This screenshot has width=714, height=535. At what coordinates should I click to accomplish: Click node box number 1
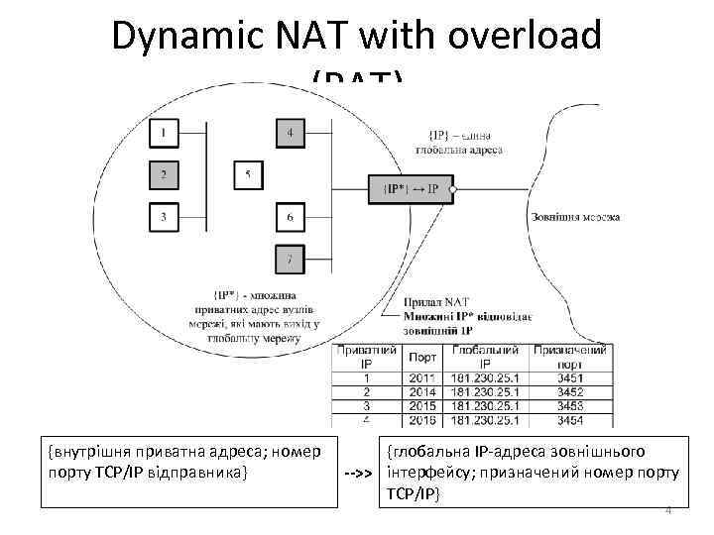click(x=163, y=132)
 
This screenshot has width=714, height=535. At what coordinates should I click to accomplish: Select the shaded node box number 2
click(x=163, y=174)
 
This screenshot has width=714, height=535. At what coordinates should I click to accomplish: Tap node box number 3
click(x=163, y=215)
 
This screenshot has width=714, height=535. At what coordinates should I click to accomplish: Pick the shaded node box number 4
click(x=290, y=132)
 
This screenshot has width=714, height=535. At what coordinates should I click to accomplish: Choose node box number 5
click(x=248, y=175)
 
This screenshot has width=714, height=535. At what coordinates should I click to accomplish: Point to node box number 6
click(x=290, y=216)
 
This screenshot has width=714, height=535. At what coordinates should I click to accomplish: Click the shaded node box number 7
click(x=290, y=259)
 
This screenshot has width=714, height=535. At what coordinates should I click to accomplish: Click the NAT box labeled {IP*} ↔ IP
click(x=411, y=188)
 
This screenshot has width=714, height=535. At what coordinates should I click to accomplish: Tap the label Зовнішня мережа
click(x=575, y=216)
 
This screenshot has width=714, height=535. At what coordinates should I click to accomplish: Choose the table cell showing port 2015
click(x=422, y=406)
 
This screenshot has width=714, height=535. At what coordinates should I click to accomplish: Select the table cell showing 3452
click(x=570, y=391)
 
